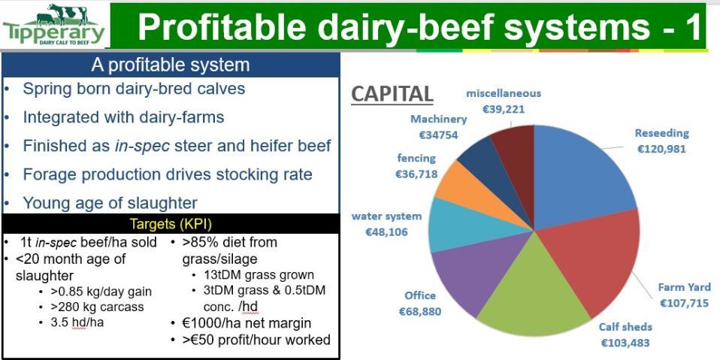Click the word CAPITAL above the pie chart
(392, 94)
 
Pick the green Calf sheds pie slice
(533, 294)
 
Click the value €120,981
(661, 150)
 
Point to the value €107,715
(684, 303)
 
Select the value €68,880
(419, 312)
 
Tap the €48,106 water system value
(386, 232)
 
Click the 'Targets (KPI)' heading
(171, 224)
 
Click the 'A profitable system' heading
(171, 65)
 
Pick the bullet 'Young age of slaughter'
(110, 202)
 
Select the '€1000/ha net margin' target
(247, 323)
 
